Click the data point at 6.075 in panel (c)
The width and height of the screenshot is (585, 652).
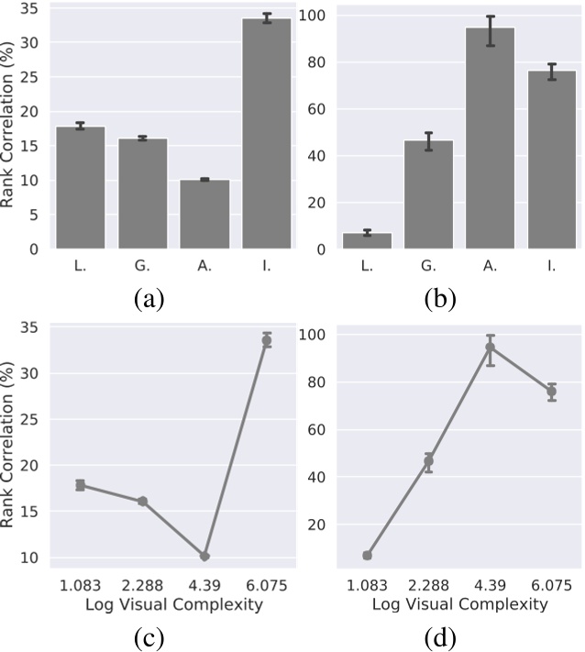tap(267, 340)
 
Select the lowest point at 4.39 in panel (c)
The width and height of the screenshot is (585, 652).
tap(204, 556)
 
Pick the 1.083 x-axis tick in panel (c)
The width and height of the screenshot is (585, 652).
tap(81, 585)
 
